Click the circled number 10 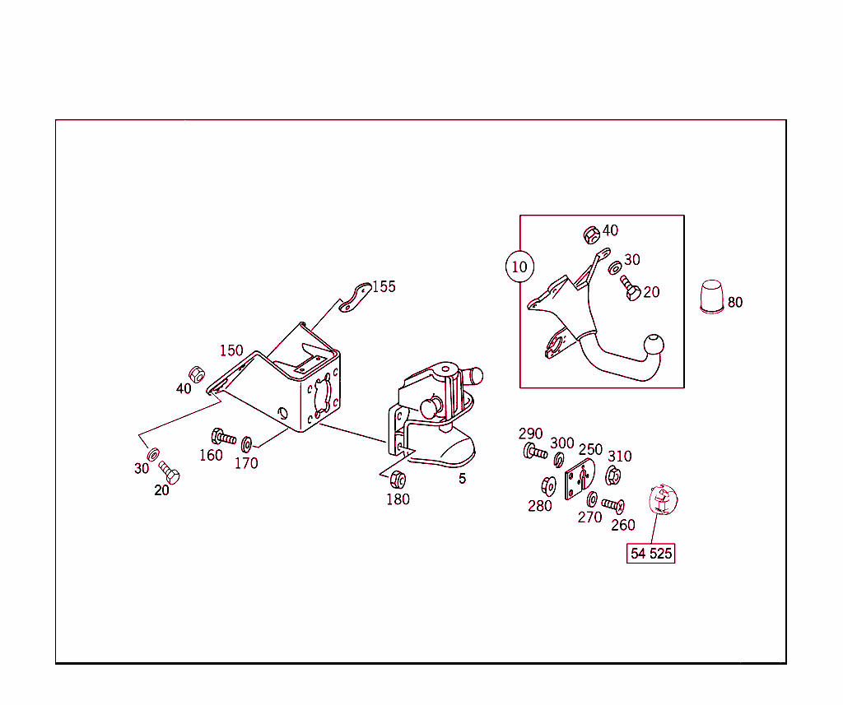[x=519, y=267]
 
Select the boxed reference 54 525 [x=650, y=554]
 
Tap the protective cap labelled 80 [x=710, y=296]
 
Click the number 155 [x=384, y=286]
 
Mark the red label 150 [x=231, y=350]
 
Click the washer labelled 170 [x=246, y=445]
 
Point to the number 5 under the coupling [x=462, y=479]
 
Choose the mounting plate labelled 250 [x=578, y=480]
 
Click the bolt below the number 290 [x=534, y=451]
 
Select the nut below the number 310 [x=613, y=475]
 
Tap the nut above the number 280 [x=548, y=485]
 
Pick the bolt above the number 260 [x=613, y=504]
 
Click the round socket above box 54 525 [x=661, y=499]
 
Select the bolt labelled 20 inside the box [x=631, y=290]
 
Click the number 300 [x=562, y=443]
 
